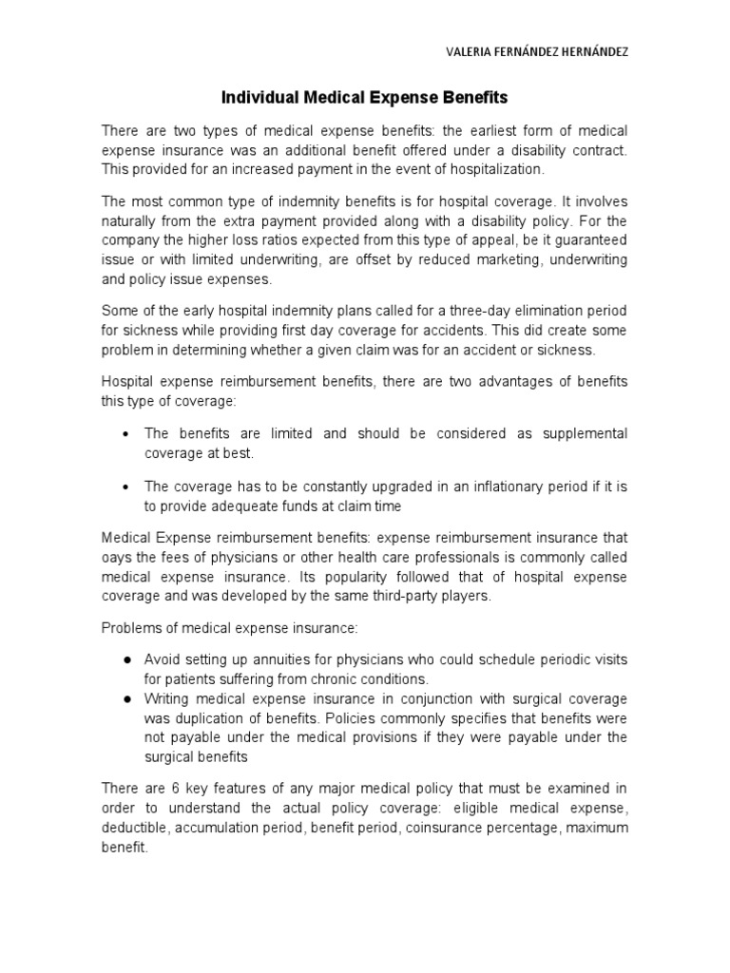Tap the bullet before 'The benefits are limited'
[126, 433]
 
